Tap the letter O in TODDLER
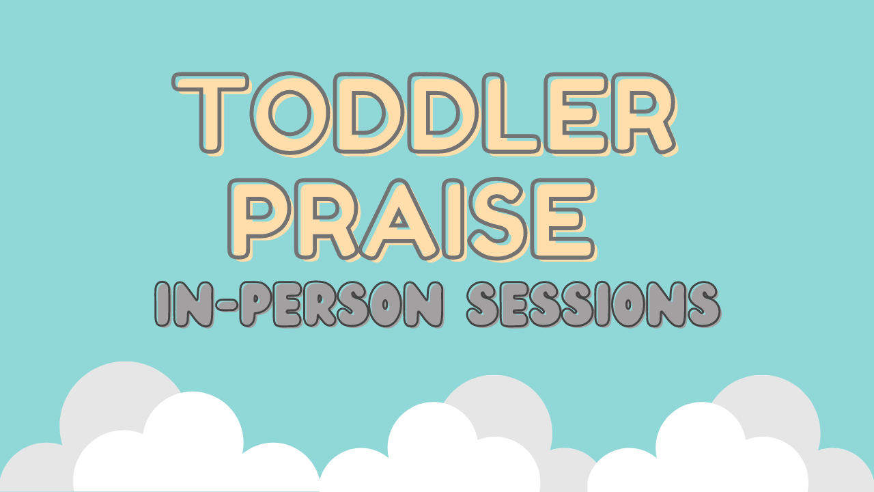point(290,113)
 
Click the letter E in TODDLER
point(576,113)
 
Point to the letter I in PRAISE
point(454,219)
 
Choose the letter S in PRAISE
point(498,219)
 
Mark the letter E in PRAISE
point(563,219)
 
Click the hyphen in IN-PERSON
point(227,304)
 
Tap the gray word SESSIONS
point(593,304)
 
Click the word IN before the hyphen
point(184,304)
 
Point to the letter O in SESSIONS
point(628,304)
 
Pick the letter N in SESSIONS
point(666,304)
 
